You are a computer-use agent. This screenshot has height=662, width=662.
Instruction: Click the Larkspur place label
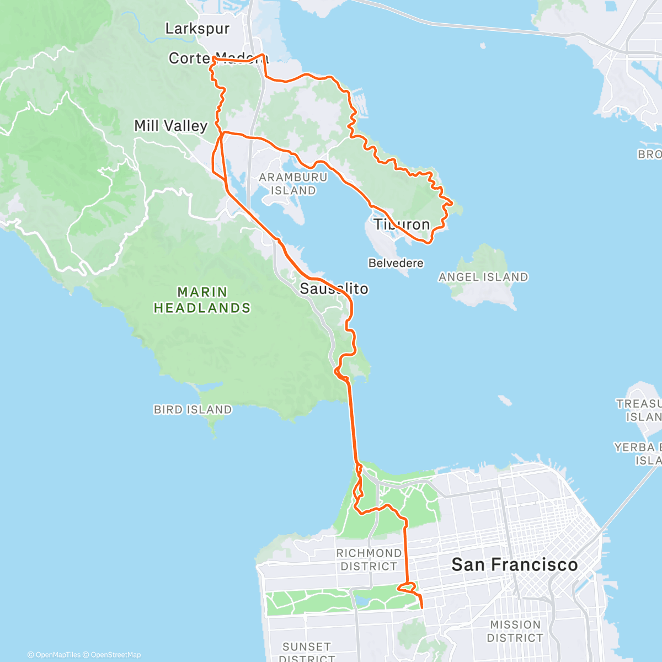coord(197,29)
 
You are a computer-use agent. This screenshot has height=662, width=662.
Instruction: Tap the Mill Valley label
coord(170,126)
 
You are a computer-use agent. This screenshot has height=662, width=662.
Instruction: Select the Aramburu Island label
coord(293,184)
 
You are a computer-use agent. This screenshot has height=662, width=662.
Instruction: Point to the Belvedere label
coord(396,263)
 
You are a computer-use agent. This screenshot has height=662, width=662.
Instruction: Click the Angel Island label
coord(483,277)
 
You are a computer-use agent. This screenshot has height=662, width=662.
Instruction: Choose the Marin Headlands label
coord(202,300)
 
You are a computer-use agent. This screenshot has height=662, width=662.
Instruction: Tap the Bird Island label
coord(193,409)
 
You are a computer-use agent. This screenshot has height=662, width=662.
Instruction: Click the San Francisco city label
coord(514,564)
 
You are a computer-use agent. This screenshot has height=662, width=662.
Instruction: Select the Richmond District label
coord(369,559)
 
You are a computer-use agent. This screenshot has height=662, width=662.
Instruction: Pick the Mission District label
coord(515,631)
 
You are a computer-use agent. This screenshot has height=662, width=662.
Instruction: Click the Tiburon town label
coord(402,225)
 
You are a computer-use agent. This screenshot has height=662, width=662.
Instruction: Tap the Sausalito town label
coord(334,289)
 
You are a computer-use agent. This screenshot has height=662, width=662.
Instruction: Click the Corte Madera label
coord(218,58)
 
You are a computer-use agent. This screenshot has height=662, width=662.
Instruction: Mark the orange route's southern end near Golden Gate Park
coord(422,607)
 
